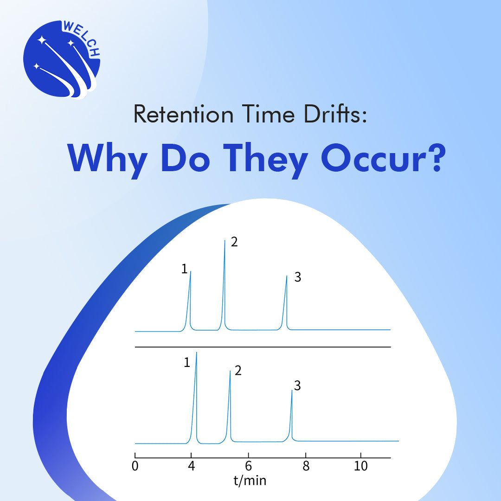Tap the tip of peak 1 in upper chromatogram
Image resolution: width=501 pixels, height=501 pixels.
191,271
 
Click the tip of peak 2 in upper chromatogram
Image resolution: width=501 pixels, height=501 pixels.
225,240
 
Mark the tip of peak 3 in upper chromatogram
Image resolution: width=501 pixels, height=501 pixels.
287,276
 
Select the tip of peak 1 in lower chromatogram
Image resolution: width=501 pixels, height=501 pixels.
197,353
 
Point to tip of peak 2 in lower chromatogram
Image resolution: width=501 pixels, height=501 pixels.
230,371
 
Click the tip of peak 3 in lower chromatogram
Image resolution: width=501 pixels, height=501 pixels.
292,390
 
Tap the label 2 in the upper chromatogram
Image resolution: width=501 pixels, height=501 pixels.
234,242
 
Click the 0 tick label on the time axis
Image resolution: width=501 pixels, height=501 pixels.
135,466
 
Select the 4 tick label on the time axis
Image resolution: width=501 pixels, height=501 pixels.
191,466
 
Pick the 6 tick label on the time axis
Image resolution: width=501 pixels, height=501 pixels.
249,466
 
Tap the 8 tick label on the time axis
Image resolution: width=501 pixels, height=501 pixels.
305,466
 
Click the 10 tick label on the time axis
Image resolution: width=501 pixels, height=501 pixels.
361,466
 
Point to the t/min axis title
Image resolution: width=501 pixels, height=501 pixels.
250,481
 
